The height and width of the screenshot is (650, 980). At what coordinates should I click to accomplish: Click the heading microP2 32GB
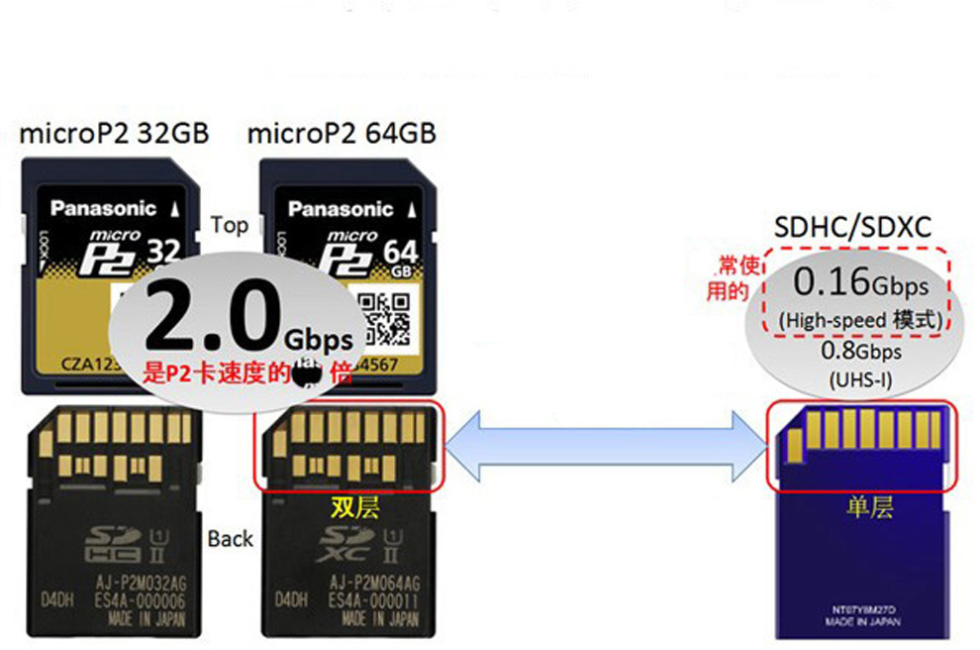point(115,134)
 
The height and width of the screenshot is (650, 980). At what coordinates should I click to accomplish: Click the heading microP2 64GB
point(342,134)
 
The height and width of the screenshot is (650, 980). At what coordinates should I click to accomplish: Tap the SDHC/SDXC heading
point(852,228)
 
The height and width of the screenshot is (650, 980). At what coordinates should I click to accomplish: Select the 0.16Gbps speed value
point(860,284)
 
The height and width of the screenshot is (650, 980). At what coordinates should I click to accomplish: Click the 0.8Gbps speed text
point(859,352)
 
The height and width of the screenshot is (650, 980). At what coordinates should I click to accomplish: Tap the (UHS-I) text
point(859,379)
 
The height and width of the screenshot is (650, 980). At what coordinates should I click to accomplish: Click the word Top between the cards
point(229,225)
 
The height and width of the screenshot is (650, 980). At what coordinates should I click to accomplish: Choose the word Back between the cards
point(231,539)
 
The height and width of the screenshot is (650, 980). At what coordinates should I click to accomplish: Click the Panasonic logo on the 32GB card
point(104,208)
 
